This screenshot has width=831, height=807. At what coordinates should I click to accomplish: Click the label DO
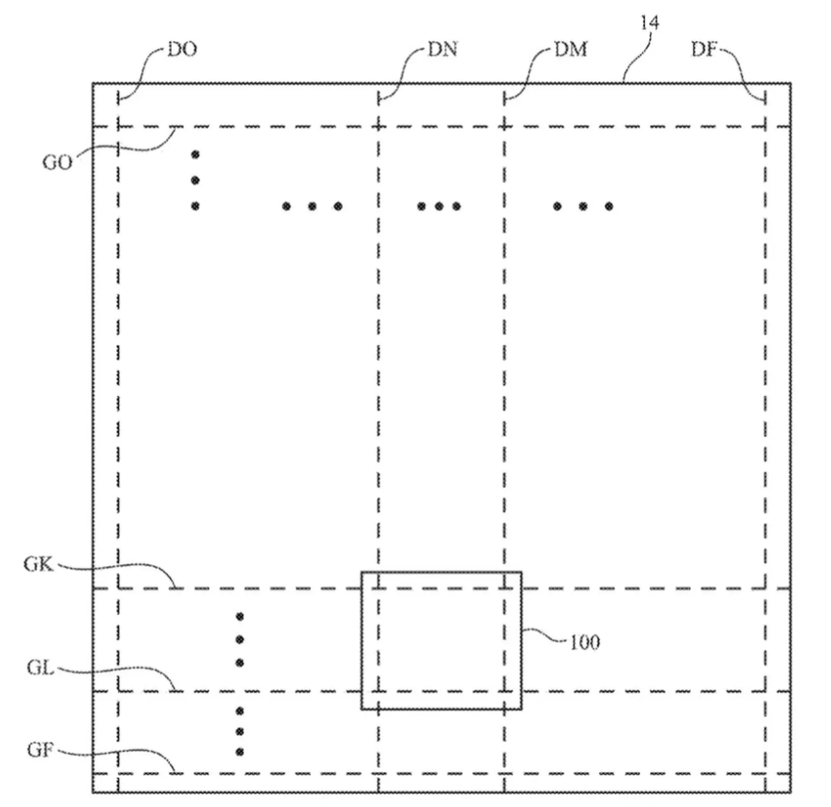pos(182,49)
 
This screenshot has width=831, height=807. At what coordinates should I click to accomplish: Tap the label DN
pos(442,49)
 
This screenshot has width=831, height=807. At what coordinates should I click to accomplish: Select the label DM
pos(570,49)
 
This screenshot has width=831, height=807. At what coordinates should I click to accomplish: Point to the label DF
pos(704,49)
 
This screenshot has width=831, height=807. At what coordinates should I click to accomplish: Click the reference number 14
pos(649,22)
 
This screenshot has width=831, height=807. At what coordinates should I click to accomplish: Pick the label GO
pos(57,163)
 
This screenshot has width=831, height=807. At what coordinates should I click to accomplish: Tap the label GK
pos(38,564)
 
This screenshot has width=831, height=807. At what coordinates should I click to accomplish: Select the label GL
pos(40,667)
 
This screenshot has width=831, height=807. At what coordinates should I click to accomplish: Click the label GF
pos(40,750)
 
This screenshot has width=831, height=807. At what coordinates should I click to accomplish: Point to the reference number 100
pos(584,642)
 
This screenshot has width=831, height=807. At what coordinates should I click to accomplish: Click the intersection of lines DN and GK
pos(378,588)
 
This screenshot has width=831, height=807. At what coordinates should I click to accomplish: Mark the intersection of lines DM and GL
pos(504,691)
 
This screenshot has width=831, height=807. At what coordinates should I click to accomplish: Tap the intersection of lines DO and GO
pos(118,127)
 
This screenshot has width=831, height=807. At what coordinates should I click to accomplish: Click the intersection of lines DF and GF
pos(765,774)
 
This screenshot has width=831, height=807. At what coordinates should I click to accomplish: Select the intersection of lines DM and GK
pos(504,588)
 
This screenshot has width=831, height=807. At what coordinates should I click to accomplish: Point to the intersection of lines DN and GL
pos(378,691)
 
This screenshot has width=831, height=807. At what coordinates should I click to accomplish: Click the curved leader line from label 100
pos(544,635)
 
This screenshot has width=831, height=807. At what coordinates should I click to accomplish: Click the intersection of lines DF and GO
pos(765,127)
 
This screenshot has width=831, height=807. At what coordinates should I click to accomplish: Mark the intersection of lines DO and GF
pos(118,774)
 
